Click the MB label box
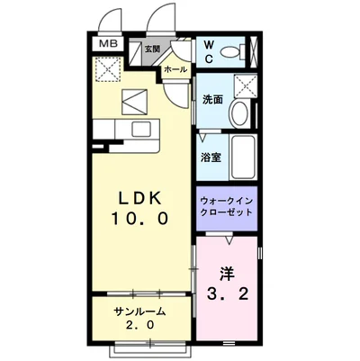point(107,42)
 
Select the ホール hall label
point(175,69)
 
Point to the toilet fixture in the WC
point(237,50)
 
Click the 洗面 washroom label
point(211,100)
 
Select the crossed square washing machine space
point(244,87)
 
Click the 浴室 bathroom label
point(211,156)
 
